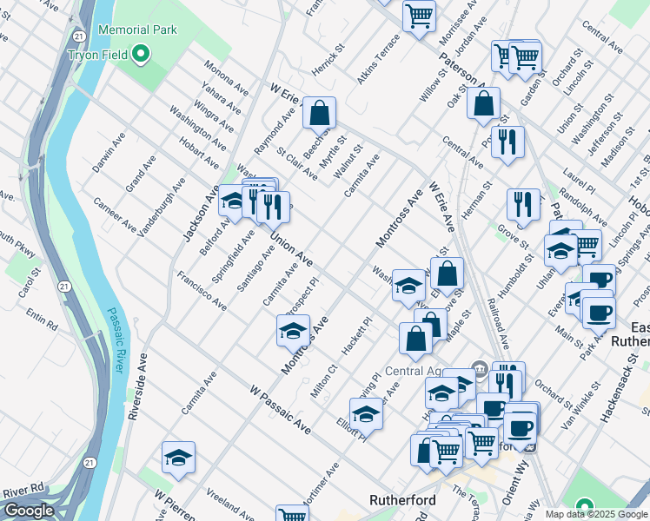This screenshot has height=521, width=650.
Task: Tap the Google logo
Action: tap(29, 511)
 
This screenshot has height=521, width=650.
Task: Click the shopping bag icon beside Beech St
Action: tap(320, 112)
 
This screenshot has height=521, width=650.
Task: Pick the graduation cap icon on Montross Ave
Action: tap(293, 330)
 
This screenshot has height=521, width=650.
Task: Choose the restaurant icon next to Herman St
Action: tap(522, 204)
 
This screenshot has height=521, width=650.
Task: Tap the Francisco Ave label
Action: tap(202, 291)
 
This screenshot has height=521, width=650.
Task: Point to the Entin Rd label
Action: tap(41, 319)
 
